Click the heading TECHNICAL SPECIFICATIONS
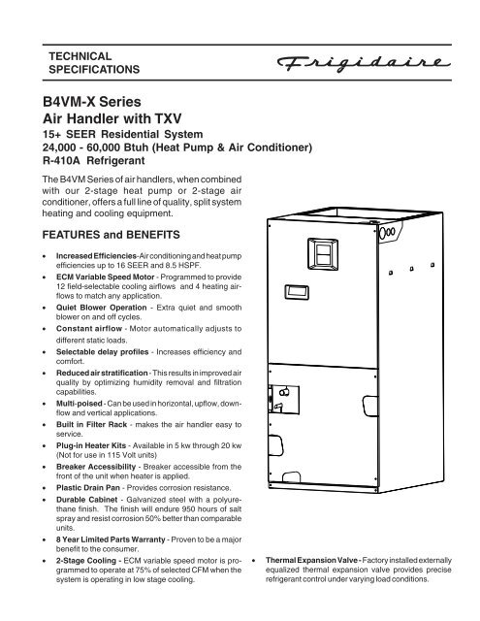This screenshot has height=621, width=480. coord(94,62)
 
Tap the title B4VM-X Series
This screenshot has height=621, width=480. coord(92,102)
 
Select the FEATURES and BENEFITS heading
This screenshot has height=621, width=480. coord(111,235)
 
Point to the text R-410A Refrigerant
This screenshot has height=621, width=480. coord(94,161)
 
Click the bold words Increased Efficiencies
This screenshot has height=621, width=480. coord(96,256)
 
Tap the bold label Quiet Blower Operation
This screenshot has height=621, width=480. coord(101,308)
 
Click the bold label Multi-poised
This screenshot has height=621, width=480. coord(80,404)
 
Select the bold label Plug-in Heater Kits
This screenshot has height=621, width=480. coord(91,445)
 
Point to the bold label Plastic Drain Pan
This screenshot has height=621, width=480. coord(88,487)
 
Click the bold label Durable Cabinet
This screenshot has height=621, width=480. coord(86,500)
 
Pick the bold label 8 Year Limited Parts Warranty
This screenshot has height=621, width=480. coord(111,539)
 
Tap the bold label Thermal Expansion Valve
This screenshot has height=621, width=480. coord(311,560)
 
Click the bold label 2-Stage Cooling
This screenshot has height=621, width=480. coord(86,561)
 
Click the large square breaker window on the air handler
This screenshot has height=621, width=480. coord(323,254)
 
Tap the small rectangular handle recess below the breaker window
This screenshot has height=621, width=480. coord(297,292)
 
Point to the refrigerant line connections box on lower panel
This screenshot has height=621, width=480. coord(284,399)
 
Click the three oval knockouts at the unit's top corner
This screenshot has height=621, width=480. coord(387,233)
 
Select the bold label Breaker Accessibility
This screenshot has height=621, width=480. coord(96,467)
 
